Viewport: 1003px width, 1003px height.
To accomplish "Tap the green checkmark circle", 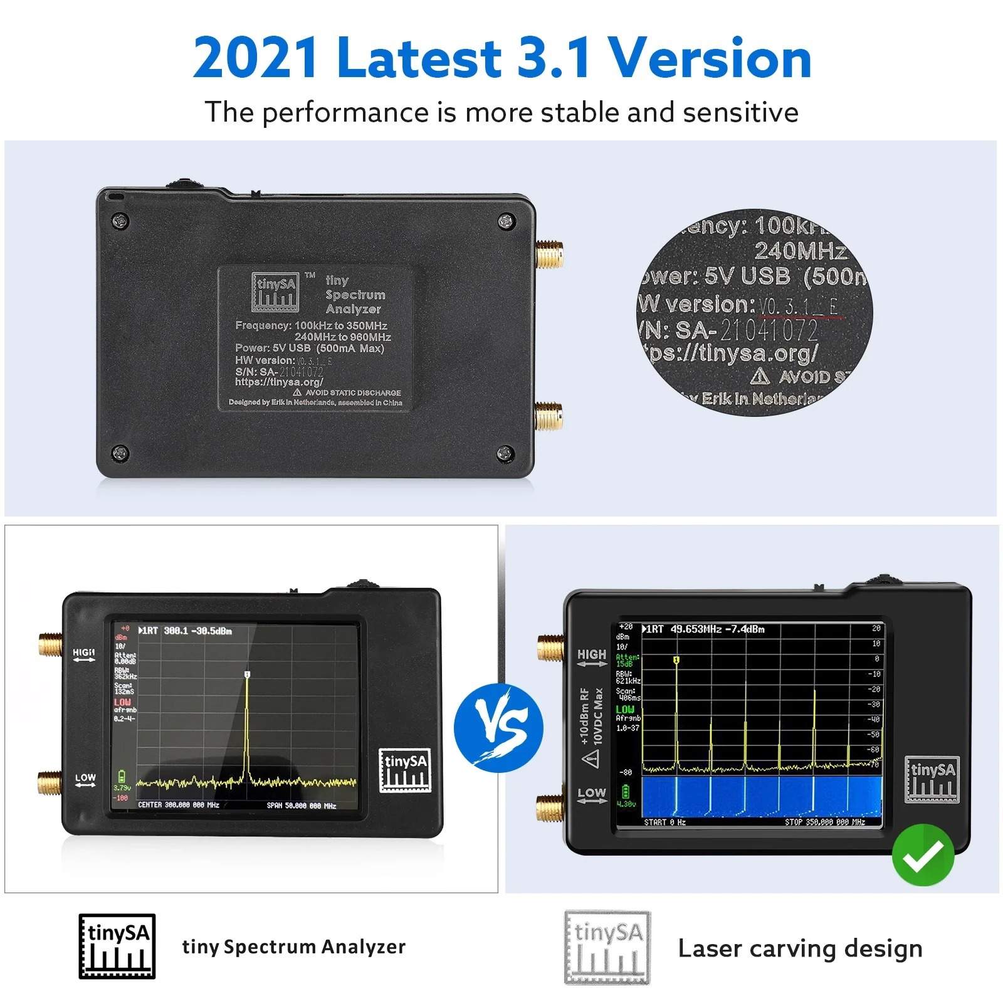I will [923, 854].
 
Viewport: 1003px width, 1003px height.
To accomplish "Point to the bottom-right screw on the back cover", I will [505, 453].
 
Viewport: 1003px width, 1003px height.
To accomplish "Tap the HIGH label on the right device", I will [592, 654].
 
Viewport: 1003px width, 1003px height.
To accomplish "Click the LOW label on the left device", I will [85, 778].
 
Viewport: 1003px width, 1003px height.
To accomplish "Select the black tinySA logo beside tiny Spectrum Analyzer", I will [117, 946].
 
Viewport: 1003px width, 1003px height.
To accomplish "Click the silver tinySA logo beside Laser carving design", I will [607, 947].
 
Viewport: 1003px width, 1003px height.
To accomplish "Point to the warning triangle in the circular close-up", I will [760, 376].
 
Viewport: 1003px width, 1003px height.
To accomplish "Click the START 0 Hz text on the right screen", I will [664, 822].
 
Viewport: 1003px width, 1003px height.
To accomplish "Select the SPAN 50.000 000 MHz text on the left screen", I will [301, 806].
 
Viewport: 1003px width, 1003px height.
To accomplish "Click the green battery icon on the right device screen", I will [625, 791].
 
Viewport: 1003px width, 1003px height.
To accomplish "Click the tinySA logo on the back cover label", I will [275, 291].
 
